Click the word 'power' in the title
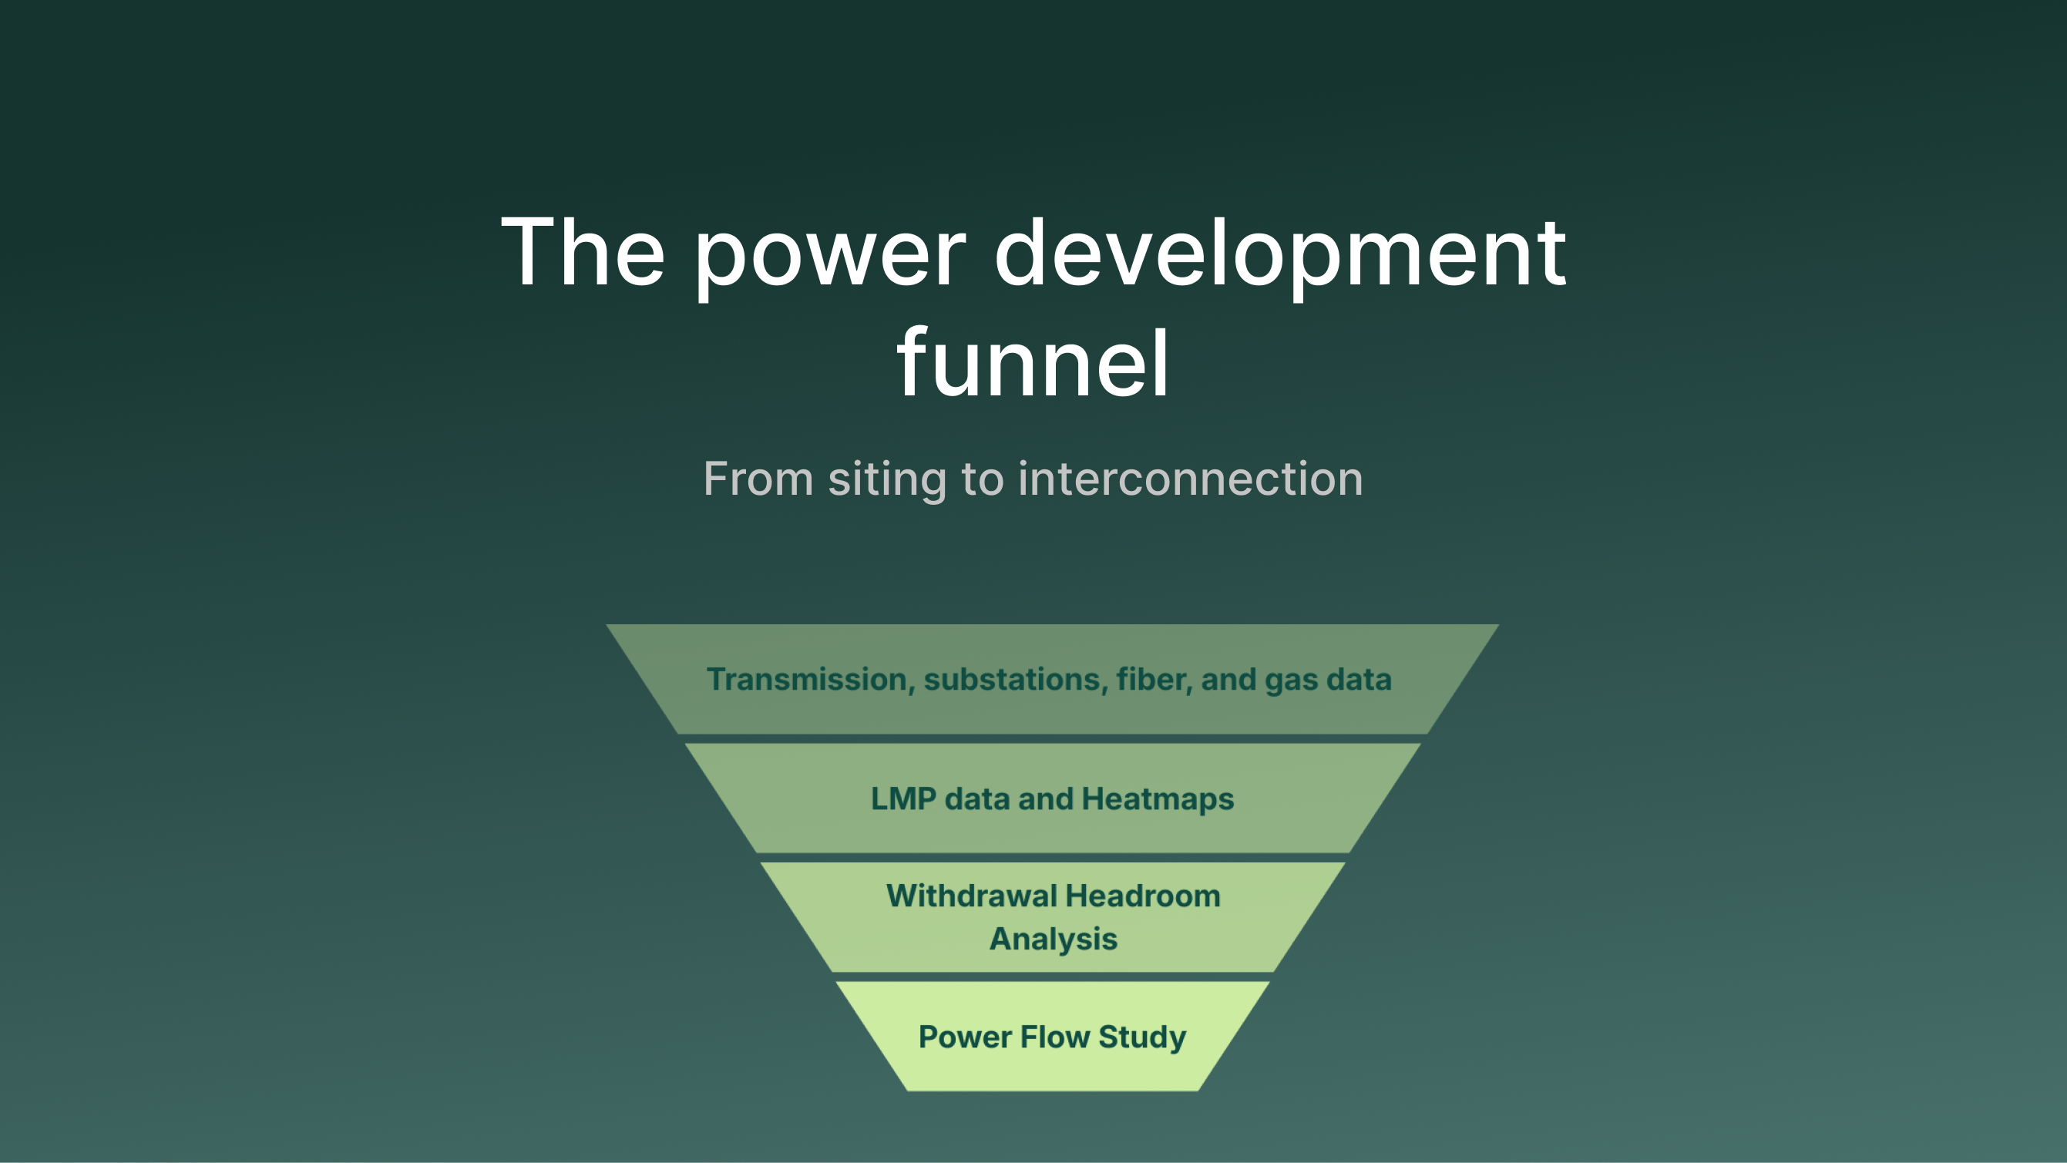point(830,255)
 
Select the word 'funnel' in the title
point(1033,365)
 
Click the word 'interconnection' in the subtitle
point(1191,479)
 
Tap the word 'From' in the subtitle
point(758,479)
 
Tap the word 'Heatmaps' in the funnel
point(1157,799)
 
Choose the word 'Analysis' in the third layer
point(1053,939)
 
